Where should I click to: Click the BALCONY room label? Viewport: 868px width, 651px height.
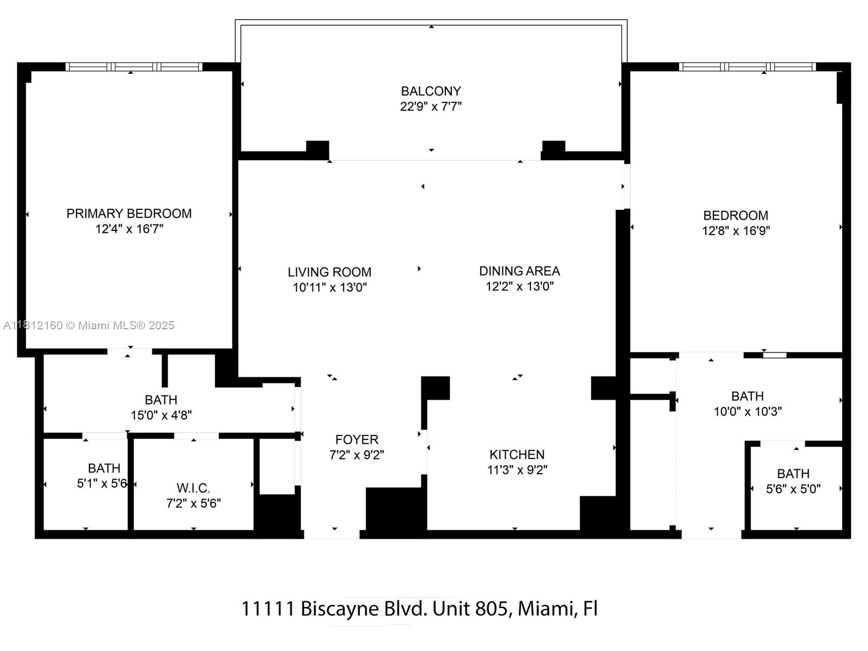coord(431,91)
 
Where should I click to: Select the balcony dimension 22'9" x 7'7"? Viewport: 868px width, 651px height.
coord(431,106)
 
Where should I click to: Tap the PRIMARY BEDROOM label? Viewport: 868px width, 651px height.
coord(129,214)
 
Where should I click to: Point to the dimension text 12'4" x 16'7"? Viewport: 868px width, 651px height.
coord(129,229)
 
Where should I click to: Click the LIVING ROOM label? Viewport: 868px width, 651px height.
coord(329,272)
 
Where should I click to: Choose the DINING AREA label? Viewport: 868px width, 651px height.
coord(519,271)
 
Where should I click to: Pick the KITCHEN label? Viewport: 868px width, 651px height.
coord(516,455)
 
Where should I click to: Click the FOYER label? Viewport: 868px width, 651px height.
coord(356,440)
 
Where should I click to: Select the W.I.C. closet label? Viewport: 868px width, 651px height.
coord(193,488)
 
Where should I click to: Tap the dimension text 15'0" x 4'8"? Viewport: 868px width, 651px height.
coord(161,416)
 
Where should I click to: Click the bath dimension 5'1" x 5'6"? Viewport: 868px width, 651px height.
coord(102,483)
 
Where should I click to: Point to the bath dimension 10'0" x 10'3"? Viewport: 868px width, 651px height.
coord(748,412)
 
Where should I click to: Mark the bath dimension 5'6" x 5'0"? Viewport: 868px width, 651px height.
coord(793,489)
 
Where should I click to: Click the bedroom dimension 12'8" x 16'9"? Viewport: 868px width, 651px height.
coord(736,231)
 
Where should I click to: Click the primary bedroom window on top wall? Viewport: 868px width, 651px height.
coord(134,67)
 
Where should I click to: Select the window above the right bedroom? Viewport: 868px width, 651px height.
coord(747,67)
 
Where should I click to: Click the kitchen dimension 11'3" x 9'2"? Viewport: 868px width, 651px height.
coord(517,470)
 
